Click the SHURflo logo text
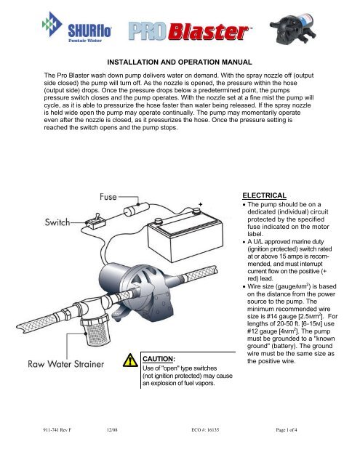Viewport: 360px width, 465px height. tap(89, 31)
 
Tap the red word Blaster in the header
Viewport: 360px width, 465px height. tap(209, 32)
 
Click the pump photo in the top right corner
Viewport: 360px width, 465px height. tap(293, 29)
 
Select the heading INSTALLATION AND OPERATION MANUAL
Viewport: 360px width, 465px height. tap(180, 62)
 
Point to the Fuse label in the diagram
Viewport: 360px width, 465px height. tap(108, 197)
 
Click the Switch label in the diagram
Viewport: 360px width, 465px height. tap(57, 222)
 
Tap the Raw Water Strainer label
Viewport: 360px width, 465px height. tap(66, 364)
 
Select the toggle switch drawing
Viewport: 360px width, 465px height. tap(95, 221)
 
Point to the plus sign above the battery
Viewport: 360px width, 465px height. tap(200, 204)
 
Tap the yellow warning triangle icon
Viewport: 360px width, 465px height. tap(130, 360)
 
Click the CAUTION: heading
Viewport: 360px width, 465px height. tap(159, 359)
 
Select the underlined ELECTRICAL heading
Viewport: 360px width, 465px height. tap(264, 195)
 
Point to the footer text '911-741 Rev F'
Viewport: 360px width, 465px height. tap(57, 429)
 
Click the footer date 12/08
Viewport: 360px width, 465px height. tap(112, 429)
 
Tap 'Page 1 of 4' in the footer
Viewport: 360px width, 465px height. tap(287, 429)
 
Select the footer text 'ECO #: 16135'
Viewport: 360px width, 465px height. tap(205, 429)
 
